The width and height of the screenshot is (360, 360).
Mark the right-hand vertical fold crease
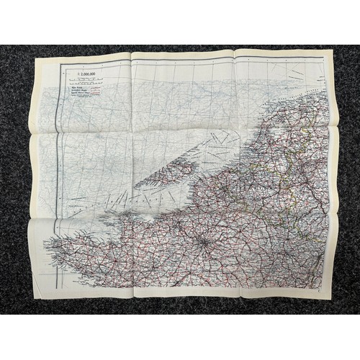(238, 173)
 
